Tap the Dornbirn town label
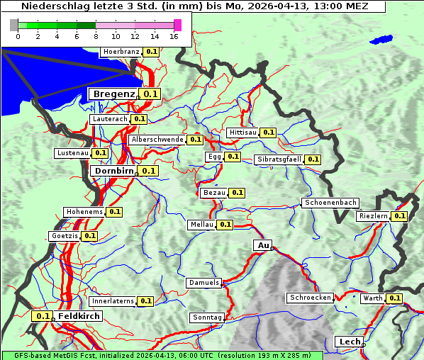click(x=113, y=171)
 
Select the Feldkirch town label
click(x=79, y=316)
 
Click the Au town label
click(x=262, y=245)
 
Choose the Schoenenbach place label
click(x=330, y=203)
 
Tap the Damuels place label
click(x=204, y=283)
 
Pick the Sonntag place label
click(x=207, y=317)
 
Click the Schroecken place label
click(x=311, y=298)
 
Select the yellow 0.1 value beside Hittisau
click(x=269, y=133)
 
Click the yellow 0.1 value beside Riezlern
click(x=399, y=216)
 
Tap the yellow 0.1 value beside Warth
click(x=394, y=298)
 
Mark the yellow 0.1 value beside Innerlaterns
click(x=145, y=301)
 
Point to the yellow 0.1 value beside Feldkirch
click(x=43, y=316)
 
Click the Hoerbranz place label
click(x=121, y=52)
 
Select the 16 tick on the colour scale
click(x=174, y=36)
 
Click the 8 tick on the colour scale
click(x=96, y=36)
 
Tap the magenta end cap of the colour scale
click(x=177, y=25)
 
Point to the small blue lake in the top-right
click(x=381, y=40)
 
